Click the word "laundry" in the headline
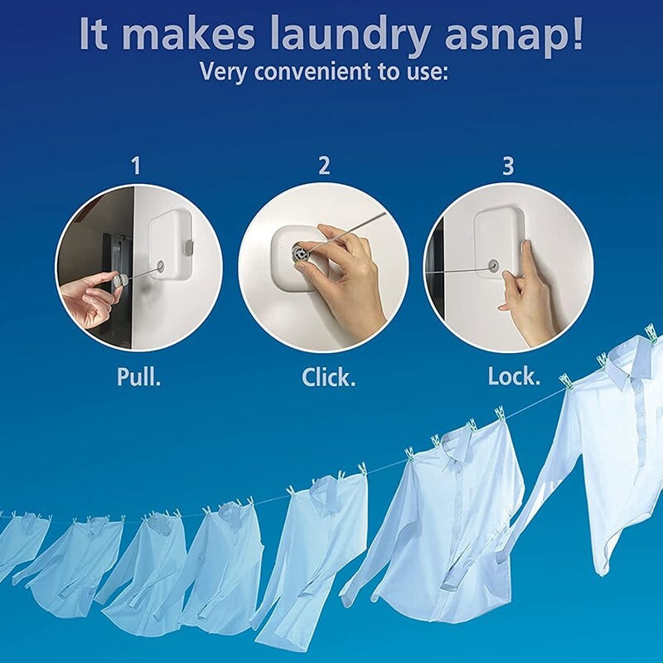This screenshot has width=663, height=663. pos(349,36)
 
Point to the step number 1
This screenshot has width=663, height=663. pos(136,165)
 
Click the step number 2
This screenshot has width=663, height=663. pos(324,165)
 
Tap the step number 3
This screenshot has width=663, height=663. pos(508,165)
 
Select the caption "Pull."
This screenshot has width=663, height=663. pos(138,376)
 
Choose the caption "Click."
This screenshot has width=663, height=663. pos(328,377)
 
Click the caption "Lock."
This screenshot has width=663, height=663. pos(514,376)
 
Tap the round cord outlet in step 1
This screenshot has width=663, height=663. pos(161,266)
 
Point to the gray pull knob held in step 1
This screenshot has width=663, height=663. pos(119,281)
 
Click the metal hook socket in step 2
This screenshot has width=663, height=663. pos(300,254)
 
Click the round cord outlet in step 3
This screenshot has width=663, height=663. pos(493,266)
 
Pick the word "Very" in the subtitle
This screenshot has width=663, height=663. pos(223,71)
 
